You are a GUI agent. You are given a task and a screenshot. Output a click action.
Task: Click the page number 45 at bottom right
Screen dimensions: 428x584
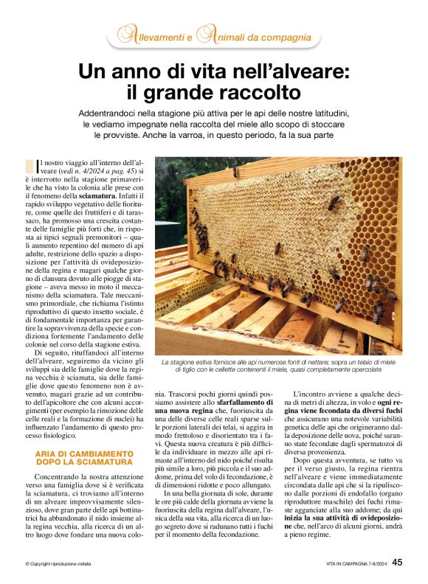click(397, 562)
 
